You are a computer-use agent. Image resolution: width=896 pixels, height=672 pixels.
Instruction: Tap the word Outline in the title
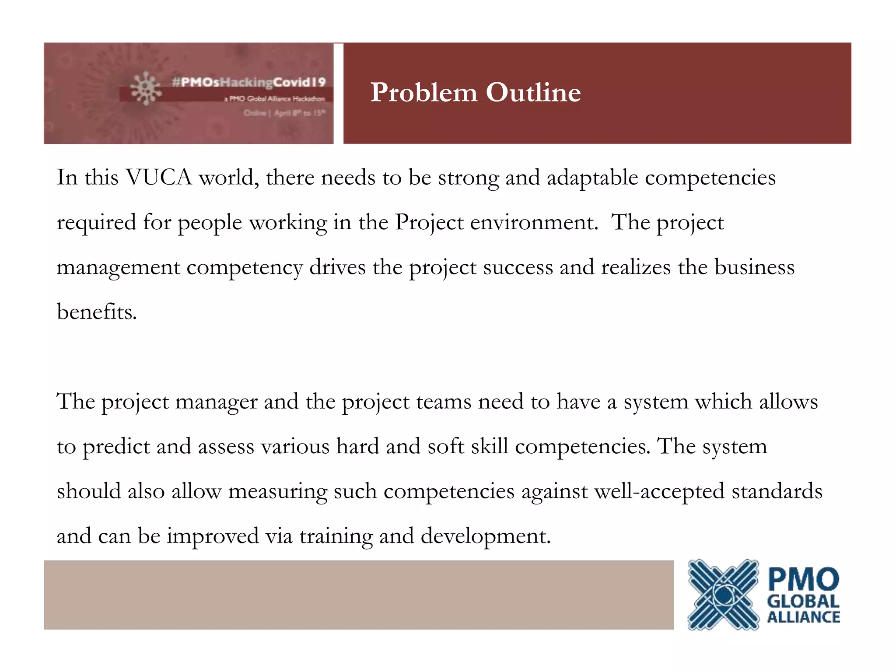pyautogui.click(x=533, y=93)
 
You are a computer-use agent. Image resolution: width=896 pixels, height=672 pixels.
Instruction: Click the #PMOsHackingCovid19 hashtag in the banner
pyautogui.click(x=249, y=82)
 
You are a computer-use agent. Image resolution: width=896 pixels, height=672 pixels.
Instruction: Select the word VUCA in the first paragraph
pyautogui.click(x=159, y=178)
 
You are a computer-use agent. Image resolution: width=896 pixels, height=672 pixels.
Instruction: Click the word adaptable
pyautogui.click(x=592, y=178)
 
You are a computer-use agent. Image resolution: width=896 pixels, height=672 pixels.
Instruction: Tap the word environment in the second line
pyautogui.click(x=534, y=222)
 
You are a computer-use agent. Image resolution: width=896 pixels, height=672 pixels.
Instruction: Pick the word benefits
pyautogui.click(x=97, y=312)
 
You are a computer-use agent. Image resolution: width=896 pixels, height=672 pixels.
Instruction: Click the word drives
pyautogui.click(x=337, y=267)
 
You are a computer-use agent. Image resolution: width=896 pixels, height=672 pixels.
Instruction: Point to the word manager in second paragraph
pyautogui.click(x=216, y=402)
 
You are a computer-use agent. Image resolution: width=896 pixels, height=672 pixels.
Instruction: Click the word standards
pyautogui.click(x=777, y=491)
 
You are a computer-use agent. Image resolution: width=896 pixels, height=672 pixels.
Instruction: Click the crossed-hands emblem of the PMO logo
pyautogui.click(x=723, y=595)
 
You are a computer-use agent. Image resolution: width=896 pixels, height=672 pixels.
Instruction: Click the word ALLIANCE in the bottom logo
pyautogui.click(x=804, y=617)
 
